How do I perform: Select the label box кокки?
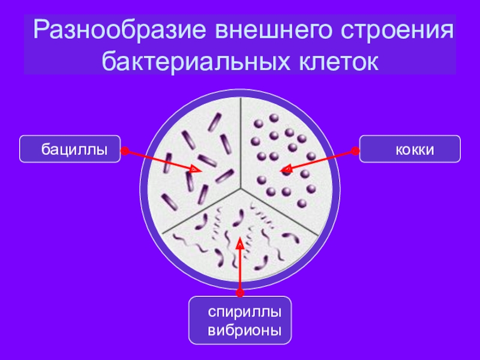click(x=410, y=149)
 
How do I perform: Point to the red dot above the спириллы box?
click(x=240, y=293)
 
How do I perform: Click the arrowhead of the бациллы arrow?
click(x=195, y=171)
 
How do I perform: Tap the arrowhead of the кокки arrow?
click(x=285, y=170)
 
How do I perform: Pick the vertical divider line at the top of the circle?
click(x=241, y=138)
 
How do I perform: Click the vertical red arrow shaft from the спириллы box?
click(x=240, y=270)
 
